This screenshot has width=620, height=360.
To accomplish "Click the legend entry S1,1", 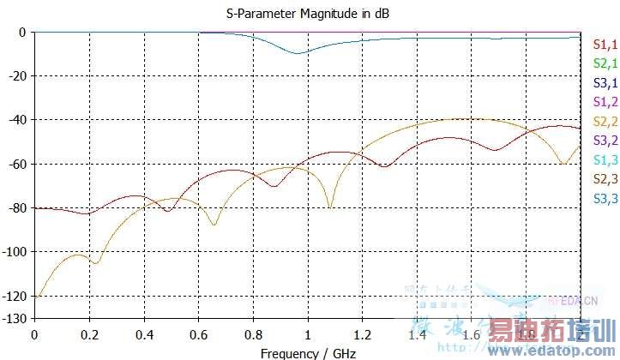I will pos(605,45).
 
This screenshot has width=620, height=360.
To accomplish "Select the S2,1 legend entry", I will pos(605,63).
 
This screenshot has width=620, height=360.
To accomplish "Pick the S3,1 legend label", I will pos(605,83).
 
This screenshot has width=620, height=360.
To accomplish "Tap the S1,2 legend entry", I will pos(605,102).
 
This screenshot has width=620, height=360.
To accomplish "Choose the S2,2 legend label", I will pos(605,121).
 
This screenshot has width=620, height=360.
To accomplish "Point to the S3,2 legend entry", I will pos(605,140).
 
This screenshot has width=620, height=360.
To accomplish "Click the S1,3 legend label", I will pos(605,159).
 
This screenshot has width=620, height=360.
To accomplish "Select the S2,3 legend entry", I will pos(605,178).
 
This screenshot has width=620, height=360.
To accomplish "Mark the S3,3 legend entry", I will pos(605,197).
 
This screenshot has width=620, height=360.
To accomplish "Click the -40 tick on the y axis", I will pos(17,120).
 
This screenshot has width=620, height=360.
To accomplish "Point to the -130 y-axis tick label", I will pos(15,318).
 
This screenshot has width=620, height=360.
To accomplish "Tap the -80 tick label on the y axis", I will pos(17,208).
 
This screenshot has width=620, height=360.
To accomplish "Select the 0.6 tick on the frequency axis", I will pos(198,333).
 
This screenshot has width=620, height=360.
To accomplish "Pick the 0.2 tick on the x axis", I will pos(89,333).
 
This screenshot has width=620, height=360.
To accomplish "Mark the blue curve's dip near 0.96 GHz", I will pos(297,53).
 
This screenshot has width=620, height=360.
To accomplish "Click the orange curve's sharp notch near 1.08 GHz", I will pos(329,207).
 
